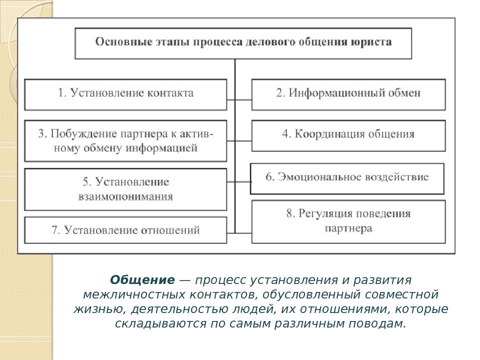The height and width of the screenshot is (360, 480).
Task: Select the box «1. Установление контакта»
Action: click(x=125, y=94)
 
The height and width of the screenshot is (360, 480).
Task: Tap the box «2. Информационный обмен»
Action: click(x=348, y=94)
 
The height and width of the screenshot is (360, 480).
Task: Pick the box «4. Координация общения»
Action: click(x=348, y=135)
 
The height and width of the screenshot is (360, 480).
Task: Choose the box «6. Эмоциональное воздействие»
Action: click(x=347, y=179)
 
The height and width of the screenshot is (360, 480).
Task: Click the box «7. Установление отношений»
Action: click(x=125, y=230)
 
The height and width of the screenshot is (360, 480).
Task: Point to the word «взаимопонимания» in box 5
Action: click(x=125, y=196)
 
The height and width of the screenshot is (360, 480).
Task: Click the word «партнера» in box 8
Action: click(x=348, y=228)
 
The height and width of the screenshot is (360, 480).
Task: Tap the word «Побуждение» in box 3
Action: click(x=83, y=134)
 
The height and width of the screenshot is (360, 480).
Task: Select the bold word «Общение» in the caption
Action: click(x=142, y=280)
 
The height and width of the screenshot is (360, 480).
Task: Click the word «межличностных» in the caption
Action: click(x=134, y=294)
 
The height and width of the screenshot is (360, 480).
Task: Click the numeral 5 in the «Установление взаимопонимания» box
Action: click(x=86, y=182)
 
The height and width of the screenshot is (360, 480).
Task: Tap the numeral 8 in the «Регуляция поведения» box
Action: click(x=289, y=213)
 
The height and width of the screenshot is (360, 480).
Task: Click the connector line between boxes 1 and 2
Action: click(x=239, y=100)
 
